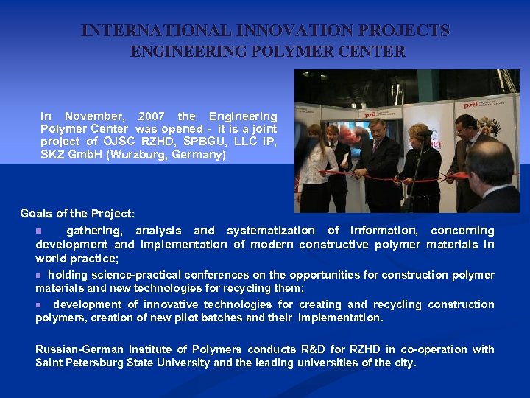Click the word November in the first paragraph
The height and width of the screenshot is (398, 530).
coord(94,116)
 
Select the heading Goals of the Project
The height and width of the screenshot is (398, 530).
coord(77,214)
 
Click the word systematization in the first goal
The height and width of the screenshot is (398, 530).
coord(270,231)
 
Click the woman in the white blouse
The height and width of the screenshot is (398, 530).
coord(313,166)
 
